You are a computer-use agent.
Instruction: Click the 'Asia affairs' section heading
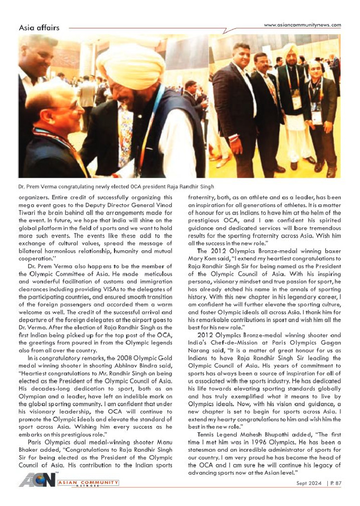click(x=39, y=27)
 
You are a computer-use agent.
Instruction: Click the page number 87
click(x=336, y=496)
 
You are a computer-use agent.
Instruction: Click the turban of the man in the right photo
click(x=289, y=50)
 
